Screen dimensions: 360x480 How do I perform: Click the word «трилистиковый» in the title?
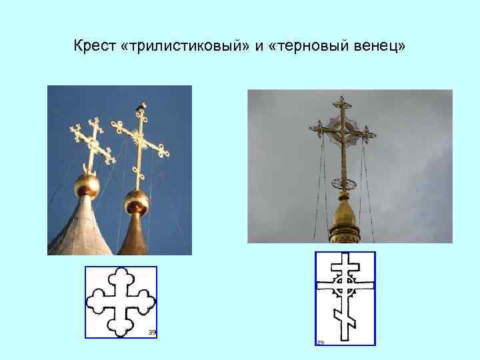[184, 47]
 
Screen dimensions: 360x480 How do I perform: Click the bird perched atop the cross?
[141, 106]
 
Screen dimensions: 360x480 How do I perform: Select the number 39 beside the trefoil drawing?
[151, 332]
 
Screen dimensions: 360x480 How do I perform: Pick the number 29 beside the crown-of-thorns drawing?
[321, 343]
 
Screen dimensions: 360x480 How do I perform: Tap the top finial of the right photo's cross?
[343, 102]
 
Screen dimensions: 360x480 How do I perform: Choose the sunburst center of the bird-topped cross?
[139, 140]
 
